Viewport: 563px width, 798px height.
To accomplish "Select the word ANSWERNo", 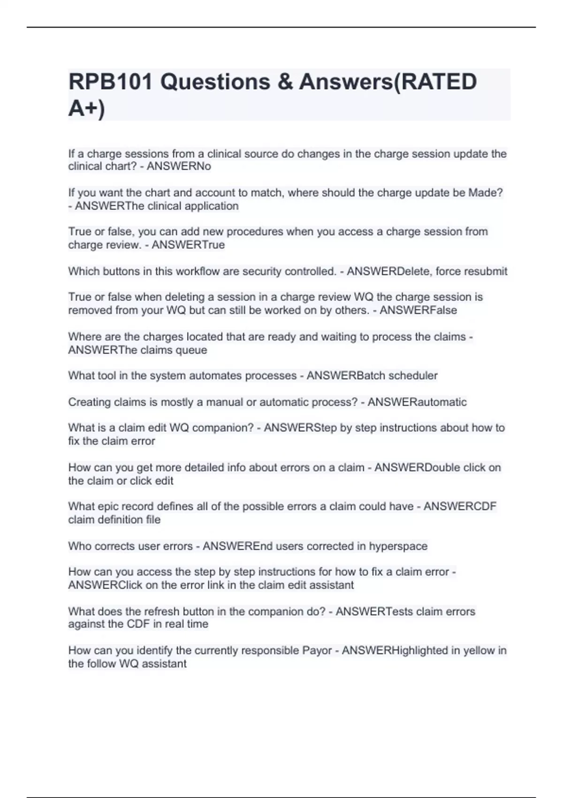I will coord(179,167).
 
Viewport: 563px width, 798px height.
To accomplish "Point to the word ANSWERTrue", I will coord(188,245).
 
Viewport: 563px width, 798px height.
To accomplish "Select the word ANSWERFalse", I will coord(418,310).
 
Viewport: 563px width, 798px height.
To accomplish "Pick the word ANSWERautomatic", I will coord(417,402).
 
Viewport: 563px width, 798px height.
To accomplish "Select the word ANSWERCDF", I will coord(460,506).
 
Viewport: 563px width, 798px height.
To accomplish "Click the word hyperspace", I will coord(398,546).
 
